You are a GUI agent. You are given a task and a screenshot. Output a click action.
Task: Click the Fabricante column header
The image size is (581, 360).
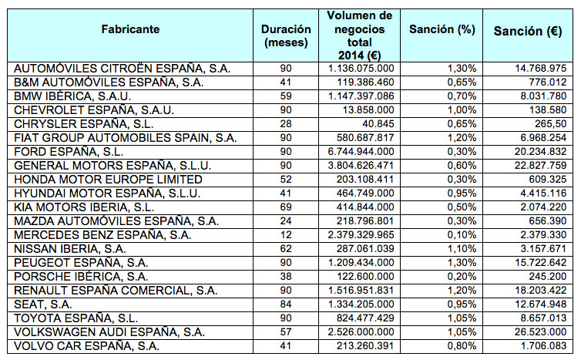pos(130,29)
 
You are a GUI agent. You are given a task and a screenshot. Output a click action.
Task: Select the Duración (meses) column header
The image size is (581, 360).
pos(286,36)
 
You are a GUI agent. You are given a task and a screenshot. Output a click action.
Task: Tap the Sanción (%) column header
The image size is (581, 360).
pos(442,29)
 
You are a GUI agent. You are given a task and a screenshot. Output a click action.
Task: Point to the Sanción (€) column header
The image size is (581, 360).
pos(528,31)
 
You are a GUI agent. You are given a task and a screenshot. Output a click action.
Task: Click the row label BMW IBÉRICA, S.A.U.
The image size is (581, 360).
pos(72,96)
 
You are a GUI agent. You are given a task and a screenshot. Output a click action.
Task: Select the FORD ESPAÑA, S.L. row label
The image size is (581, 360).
pos(69,152)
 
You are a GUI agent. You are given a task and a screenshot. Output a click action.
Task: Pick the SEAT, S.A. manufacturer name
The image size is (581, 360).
pos(42,304)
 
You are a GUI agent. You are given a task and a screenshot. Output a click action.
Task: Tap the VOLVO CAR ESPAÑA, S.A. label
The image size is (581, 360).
pos(87,346)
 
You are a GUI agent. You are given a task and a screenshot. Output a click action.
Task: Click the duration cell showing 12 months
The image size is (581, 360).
pos(286,235)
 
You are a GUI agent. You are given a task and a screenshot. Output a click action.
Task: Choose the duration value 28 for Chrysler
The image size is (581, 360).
pos(286,124)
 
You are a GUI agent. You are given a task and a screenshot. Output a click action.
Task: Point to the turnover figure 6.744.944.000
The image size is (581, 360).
pos(361,152)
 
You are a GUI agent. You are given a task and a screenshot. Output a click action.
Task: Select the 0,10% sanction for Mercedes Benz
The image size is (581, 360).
pos(462,235)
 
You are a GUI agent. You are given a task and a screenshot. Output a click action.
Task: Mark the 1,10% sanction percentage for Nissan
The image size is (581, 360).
pos(462,249)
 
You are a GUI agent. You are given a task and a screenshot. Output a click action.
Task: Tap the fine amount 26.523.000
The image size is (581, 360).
pos(541,332)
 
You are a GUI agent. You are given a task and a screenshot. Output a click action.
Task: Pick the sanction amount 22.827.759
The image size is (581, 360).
pos(541,166)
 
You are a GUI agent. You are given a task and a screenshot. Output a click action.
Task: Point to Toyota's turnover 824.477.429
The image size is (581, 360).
pos(365,318)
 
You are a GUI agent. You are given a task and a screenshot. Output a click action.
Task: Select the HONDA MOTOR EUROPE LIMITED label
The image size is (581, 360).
pos(108,180)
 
